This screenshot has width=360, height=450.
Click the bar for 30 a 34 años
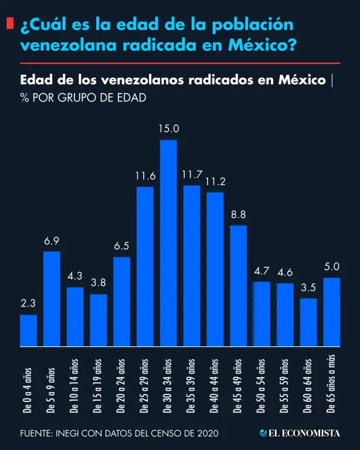click(168, 243)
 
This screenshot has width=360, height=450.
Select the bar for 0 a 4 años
click(28, 330)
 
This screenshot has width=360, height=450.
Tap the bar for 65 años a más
click(332, 312)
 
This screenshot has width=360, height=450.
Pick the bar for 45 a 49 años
click(239, 285)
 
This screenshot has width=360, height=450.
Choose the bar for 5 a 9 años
click(52, 299)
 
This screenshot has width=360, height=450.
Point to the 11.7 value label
click(192, 175)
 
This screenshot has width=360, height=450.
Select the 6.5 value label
click(121, 246)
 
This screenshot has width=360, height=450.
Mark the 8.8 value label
click(239, 214)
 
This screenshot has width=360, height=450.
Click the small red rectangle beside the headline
click(10, 24)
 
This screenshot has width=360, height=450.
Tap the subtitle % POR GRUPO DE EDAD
click(83, 98)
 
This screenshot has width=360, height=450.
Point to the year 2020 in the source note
click(208, 434)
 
